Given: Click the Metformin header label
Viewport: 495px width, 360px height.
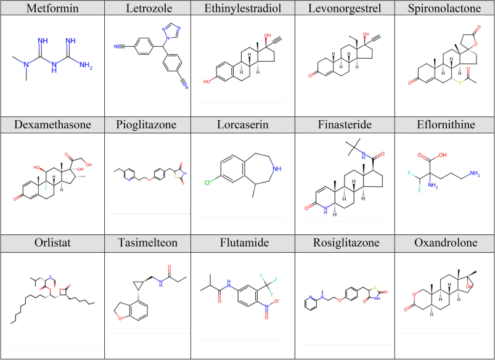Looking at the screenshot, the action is tap(52, 8).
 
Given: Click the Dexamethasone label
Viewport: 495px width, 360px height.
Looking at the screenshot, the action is tap(52, 125).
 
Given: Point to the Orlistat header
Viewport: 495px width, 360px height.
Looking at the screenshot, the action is tap(52, 243).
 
